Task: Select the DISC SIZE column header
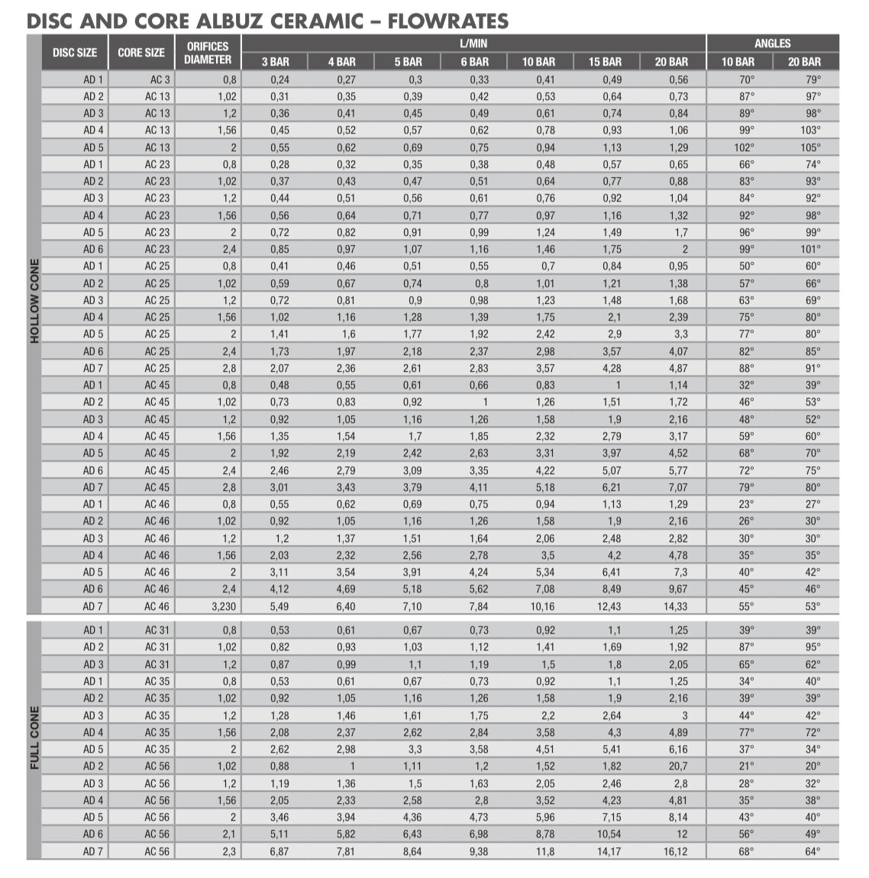[75, 53]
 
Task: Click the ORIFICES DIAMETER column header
[208, 53]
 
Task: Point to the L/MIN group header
[473, 44]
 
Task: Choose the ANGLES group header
[772, 44]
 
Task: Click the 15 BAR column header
[605, 62]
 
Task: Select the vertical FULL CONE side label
[34, 738]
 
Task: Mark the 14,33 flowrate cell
[675, 606]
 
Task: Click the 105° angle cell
[810, 147]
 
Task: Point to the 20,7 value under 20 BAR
[677, 766]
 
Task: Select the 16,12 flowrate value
[675, 851]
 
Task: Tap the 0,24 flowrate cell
[279, 79]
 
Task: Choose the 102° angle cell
[744, 147]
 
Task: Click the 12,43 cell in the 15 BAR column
[609, 606]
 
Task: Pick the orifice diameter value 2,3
[229, 851]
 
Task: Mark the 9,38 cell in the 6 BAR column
[478, 851]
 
